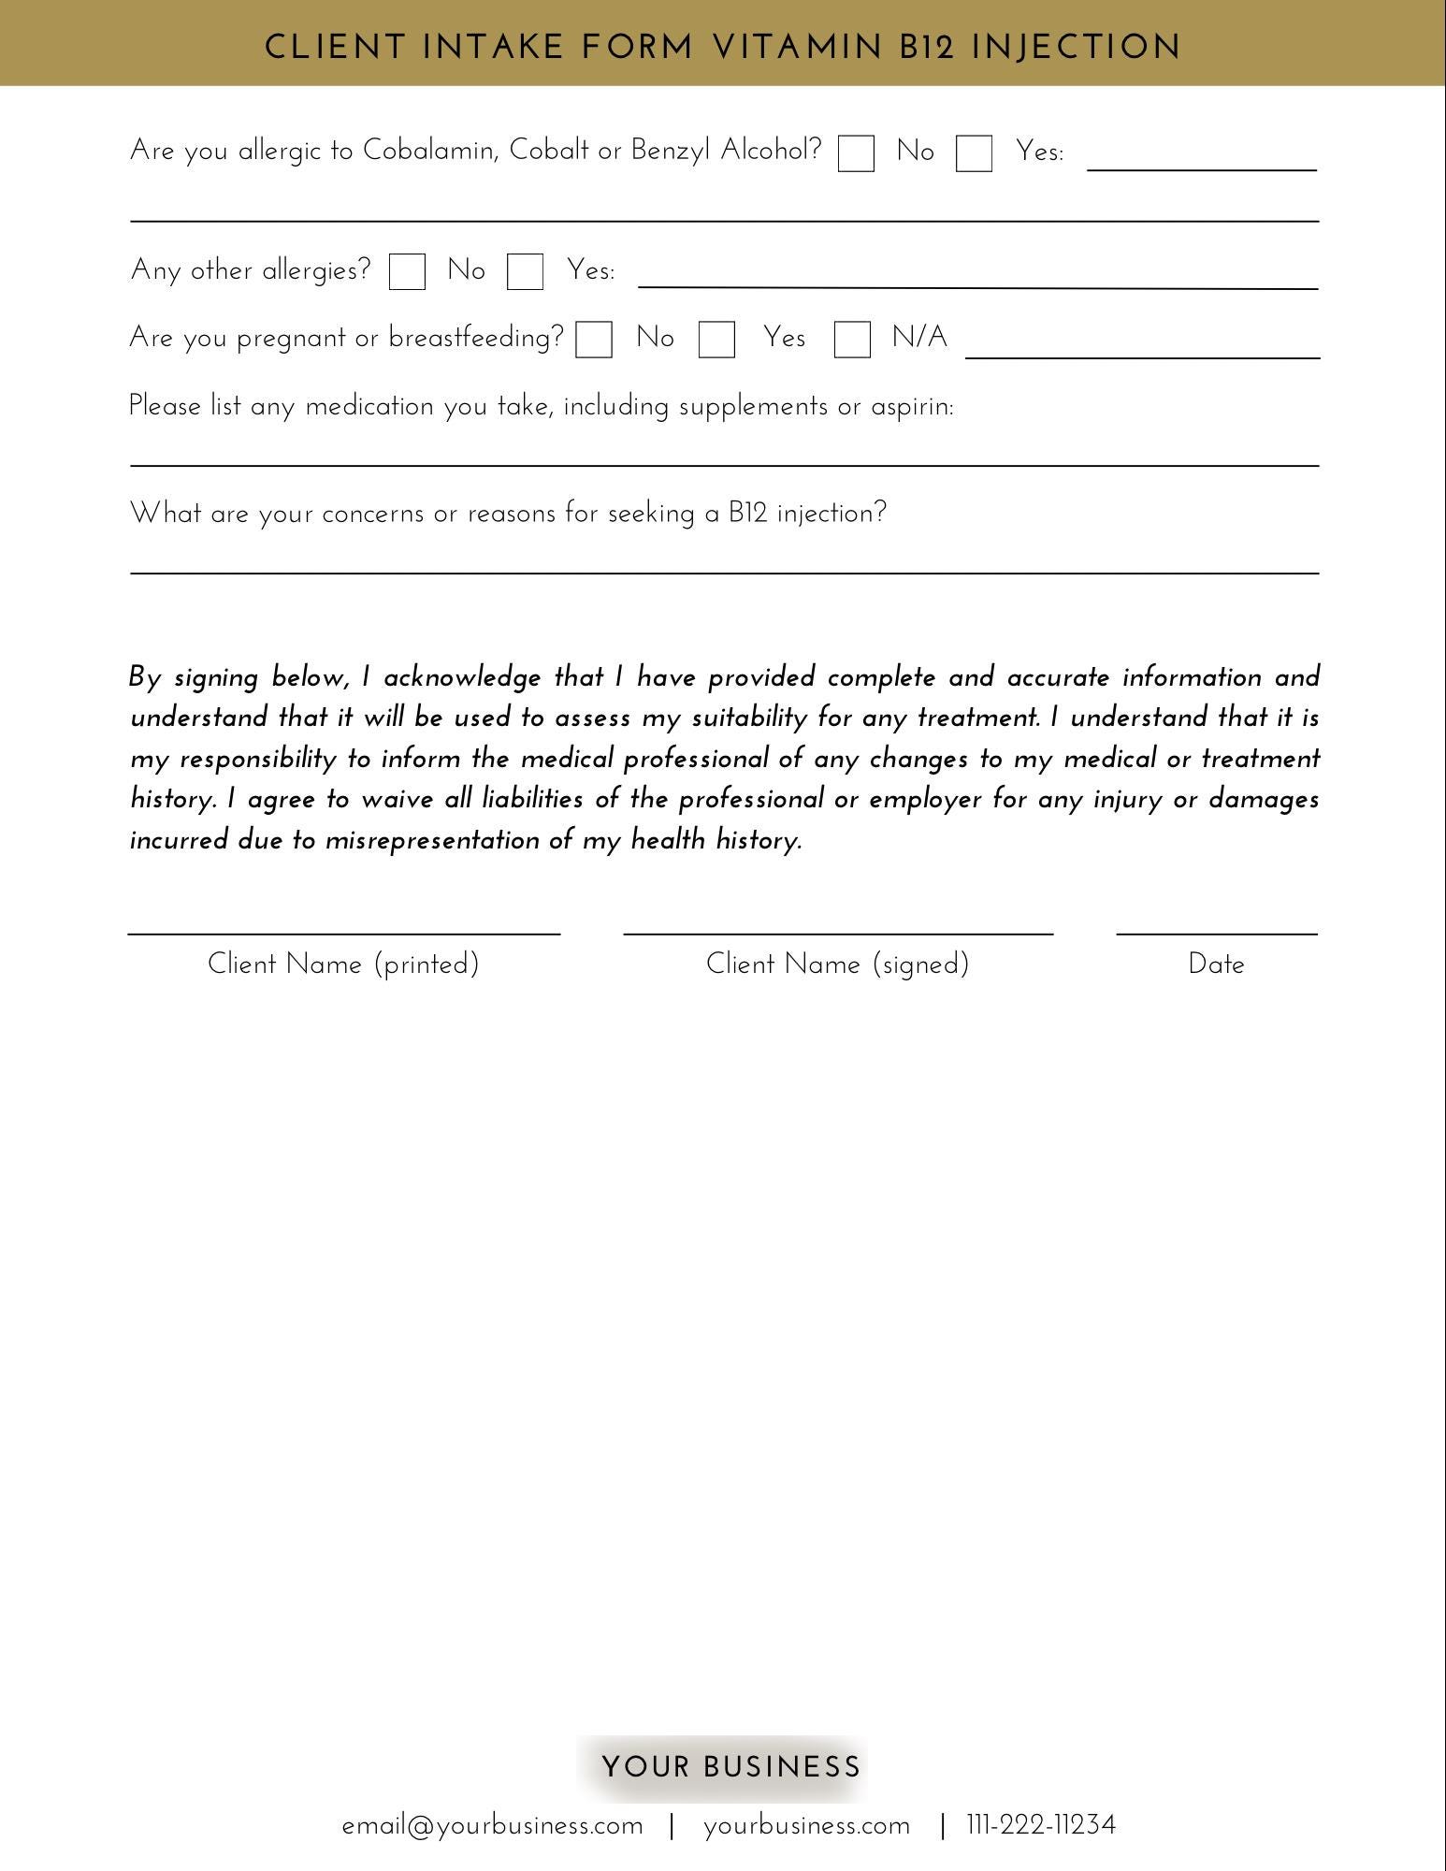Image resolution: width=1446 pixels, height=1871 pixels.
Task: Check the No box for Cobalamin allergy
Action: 856,153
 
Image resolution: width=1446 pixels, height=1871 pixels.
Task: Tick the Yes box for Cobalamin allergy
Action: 974,153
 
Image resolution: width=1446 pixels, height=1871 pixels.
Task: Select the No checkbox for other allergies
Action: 407,272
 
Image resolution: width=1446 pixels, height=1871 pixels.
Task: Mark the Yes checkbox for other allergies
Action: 525,272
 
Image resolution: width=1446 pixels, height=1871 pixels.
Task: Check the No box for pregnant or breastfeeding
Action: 594,340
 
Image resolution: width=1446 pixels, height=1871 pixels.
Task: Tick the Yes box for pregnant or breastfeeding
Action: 716,340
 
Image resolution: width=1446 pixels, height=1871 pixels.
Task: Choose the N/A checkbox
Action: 852,340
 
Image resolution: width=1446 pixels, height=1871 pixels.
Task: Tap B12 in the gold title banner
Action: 927,47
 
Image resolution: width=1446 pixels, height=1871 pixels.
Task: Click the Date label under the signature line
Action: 1216,965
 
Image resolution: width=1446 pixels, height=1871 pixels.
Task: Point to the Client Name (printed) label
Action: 343,965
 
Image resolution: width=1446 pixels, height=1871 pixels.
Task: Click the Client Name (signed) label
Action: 837,965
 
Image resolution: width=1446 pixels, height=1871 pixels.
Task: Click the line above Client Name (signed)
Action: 838,933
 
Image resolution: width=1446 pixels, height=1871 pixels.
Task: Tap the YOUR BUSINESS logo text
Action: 730,1767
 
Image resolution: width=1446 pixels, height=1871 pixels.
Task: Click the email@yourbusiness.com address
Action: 493,1826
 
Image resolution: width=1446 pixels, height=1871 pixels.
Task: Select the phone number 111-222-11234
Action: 1041,1825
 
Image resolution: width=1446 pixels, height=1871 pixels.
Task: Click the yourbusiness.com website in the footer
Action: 806,1826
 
